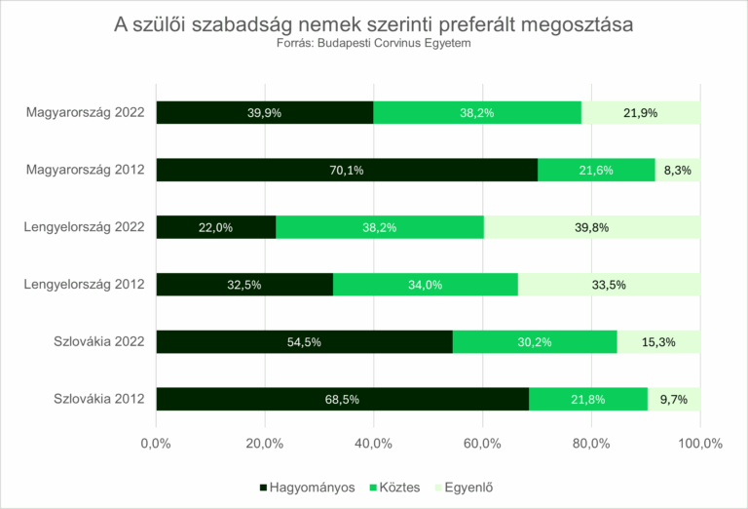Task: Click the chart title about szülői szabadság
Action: point(374,24)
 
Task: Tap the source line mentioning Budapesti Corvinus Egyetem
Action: point(374,43)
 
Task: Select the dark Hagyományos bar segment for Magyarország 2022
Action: point(264,112)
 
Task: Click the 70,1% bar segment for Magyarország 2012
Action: point(347,170)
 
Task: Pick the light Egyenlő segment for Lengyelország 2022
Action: point(592,227)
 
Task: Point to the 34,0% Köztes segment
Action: point(426,285)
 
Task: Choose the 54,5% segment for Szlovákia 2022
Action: point(304,341)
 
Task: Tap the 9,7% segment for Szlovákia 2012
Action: point(674,399)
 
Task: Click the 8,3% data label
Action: point(677,170)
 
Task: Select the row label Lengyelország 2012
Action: point(85,285)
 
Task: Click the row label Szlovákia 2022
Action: point(99,341)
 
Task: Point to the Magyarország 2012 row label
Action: point(86,170)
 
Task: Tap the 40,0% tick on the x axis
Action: point(374,444)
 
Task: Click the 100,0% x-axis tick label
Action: point(699,444)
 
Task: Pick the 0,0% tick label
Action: point(156,444)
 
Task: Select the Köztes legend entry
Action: point(397,487)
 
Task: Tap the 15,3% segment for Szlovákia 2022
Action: point(658,341)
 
